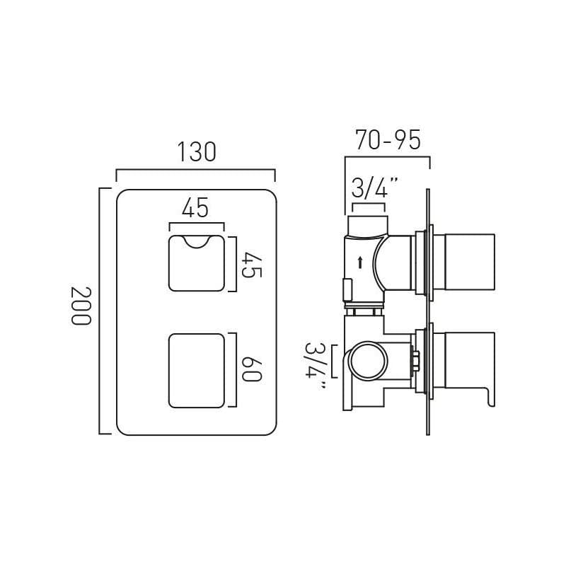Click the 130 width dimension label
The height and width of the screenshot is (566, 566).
[x=196, y=152]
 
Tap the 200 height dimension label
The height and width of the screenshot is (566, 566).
[x=81, y=306]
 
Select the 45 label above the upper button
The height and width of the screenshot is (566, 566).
[x=195, y=209]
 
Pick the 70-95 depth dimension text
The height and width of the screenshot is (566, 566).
[x=388, y=140]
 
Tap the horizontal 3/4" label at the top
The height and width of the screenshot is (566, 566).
[x=374, y=188]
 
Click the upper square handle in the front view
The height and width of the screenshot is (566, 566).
[x=196, y=263]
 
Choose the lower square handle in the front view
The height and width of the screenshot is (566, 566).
[x=196, y=371]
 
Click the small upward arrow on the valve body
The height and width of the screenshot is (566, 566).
[x=360, y=262]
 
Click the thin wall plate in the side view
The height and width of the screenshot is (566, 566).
[x=428, y=311]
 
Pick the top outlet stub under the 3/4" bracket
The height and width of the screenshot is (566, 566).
[x=366, y=225]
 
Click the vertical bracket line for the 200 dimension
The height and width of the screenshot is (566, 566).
[x=100, y=311]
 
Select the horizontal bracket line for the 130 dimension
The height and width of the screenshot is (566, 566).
[x=195, y=170]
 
